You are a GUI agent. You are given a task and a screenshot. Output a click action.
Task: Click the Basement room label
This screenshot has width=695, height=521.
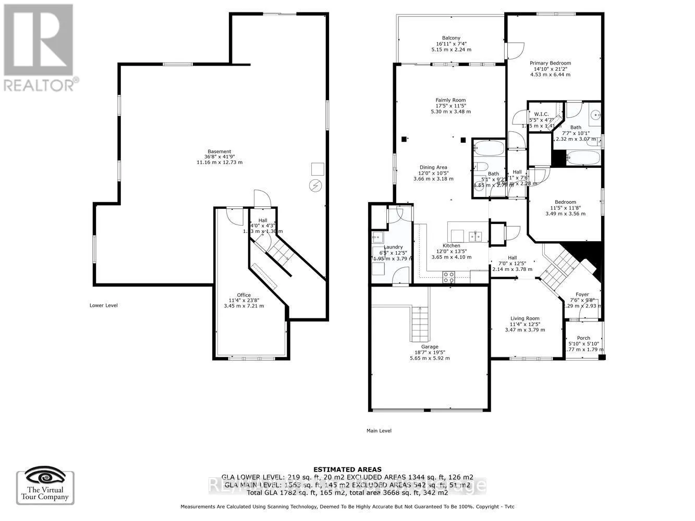click(x=219, y=152)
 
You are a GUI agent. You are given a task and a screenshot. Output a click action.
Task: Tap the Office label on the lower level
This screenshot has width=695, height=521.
click(x=243, y=295)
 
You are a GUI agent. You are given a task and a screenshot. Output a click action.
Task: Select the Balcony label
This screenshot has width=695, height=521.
click(x=451, y=38)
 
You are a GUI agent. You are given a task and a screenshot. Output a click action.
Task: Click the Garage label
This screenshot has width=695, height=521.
click(x=430, y=346)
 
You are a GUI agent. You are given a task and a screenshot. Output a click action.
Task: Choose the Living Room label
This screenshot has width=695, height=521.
click(x=525, y=318)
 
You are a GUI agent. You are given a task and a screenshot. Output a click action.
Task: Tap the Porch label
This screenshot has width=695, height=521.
click(x=583, y=338)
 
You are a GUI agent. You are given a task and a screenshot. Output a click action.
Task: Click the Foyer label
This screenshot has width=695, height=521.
click(x=582, y=295)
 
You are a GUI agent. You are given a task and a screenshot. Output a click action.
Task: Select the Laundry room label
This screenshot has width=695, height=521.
click(x=393, y=247)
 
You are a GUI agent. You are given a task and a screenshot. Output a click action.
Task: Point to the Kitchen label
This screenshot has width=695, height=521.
click(x=452, y=246)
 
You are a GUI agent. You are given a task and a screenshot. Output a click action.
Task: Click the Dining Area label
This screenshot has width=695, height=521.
click(x=433, y=167)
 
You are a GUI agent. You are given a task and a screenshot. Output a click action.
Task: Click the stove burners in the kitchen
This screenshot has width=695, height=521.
click(x=448, y=277)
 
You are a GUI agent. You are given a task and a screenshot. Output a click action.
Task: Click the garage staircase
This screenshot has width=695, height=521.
click(x=420, y=323)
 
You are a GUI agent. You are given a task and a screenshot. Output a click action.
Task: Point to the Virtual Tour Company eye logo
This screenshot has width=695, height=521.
click(x=45, y=477)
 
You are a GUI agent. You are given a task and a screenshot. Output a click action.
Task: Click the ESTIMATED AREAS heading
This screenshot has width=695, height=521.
click(x=347, y=469)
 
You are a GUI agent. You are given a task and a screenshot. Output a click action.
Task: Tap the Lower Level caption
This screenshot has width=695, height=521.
click(x=103, y=305)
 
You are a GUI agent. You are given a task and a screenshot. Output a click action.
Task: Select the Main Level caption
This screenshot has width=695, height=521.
click(x=379, y=431)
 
